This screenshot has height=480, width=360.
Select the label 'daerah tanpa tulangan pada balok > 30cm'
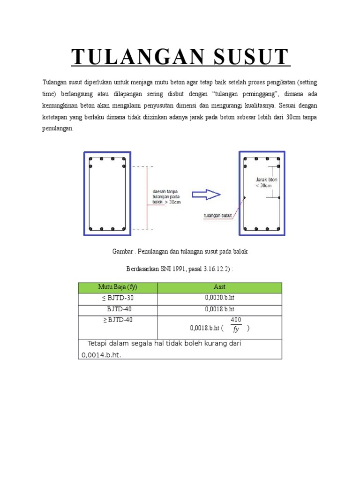click(167, 197)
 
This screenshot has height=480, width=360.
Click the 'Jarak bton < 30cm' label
click(266, 182)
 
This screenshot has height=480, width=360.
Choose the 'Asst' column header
click(219, 287)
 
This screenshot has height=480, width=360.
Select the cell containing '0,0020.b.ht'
click(219, 298)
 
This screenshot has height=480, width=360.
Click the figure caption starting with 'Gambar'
click(180, 252)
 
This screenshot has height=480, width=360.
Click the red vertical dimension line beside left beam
click(148, 197)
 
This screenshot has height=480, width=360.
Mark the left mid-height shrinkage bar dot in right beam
click(245, 198)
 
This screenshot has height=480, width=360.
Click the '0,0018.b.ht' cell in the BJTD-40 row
click(219, 309)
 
